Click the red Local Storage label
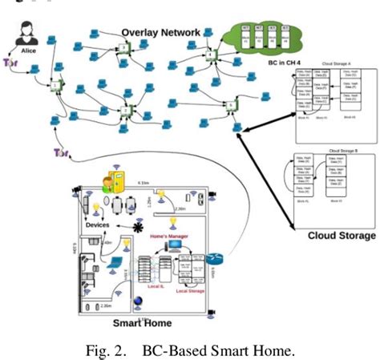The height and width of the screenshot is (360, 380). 192,291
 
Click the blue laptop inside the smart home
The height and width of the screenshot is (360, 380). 115,262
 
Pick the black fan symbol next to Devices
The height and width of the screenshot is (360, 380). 136,228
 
